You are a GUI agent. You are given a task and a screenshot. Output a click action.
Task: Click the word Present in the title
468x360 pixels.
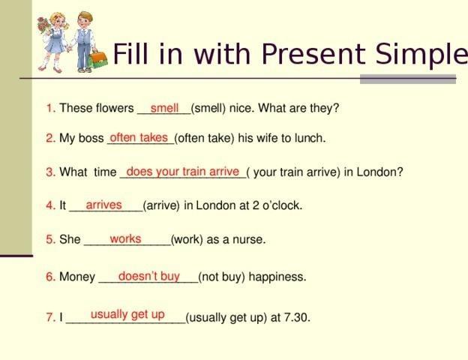[313, 54]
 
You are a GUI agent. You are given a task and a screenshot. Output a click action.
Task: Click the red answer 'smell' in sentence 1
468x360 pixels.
[164, 108]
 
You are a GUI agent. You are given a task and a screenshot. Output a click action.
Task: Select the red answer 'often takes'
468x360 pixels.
[139, 137]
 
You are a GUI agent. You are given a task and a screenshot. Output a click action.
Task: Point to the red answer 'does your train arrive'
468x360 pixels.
[183, 172]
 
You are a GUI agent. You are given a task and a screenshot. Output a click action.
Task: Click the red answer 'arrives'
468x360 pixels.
[103, 205]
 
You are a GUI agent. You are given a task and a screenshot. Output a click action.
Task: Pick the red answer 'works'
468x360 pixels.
[125, 238]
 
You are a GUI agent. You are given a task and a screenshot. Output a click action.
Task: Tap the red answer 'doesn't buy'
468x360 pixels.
[149, 277]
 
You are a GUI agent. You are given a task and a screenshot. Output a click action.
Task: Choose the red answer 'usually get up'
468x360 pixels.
[127, 315]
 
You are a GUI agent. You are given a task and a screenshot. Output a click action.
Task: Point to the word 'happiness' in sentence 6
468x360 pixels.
[277, 277]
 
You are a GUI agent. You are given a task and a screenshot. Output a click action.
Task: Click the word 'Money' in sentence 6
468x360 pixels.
[77, 277]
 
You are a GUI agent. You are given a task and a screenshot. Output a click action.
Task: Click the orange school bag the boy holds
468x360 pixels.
[97, 59]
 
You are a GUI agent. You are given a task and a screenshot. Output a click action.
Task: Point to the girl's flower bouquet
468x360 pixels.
[44, 25]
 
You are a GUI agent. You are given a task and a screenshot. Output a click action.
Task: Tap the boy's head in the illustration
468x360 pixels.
[84, 19]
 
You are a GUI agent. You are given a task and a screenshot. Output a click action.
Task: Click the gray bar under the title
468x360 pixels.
[408, 79]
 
